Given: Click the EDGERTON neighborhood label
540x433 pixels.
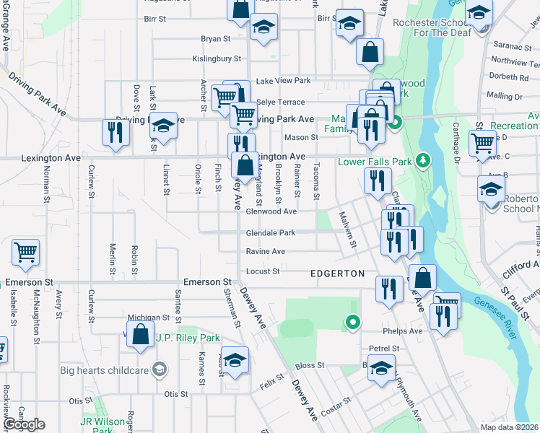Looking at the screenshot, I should tap(337, 274).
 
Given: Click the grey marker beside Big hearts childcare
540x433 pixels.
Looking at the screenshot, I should tap(160, 371).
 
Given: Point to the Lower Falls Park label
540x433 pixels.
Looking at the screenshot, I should tap(375, 161).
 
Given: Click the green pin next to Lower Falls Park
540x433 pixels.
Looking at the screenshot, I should tap(425, 159).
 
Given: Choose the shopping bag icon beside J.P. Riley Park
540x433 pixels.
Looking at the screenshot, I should tap(141, 334).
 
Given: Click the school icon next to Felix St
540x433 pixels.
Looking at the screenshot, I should tap(235, 359).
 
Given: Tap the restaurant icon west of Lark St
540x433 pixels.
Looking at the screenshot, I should tap(116, 132).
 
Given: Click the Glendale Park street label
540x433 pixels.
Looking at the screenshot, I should tap(271, 233).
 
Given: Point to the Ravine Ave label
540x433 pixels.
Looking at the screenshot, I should tap(266, 252).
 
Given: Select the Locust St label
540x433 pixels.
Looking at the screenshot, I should tap(264, 271).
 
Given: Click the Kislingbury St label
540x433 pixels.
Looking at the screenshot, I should tap(216, 58).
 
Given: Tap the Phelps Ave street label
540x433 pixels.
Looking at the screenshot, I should tap(406, 331).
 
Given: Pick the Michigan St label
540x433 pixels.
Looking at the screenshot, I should tap(148, 317).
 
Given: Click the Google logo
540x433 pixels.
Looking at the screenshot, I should tap(24, 424).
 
